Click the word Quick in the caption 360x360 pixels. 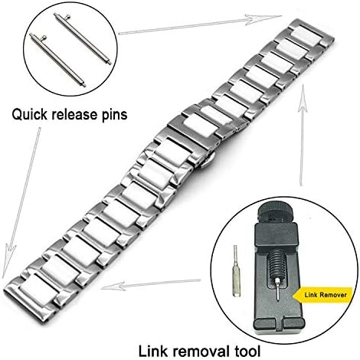click(30, 114)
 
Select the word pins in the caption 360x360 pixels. click(113, 115)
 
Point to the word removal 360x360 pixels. click(201, 351)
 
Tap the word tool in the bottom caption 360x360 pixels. click(247, 351)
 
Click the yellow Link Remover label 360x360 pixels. click(323, 295)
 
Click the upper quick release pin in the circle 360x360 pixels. click(82, 39)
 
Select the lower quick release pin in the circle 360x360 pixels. click(57, 61)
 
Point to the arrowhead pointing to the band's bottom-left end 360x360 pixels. click(8, 260)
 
